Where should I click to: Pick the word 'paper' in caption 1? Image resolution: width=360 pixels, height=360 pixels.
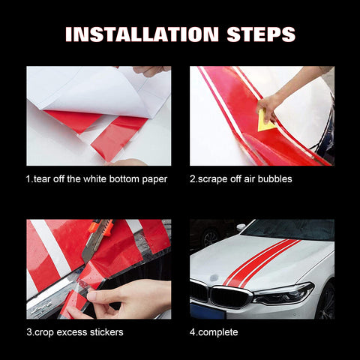pyautogui.click(x=153, y=178)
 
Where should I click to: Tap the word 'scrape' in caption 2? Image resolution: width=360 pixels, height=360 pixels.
pyautogui.click(x=214, y=178)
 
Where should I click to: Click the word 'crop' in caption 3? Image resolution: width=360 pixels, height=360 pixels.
pyautogui.click(x=46, y=332)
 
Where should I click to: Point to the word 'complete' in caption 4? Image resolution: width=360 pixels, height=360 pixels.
pyautogui.click(x=223, y=332)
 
